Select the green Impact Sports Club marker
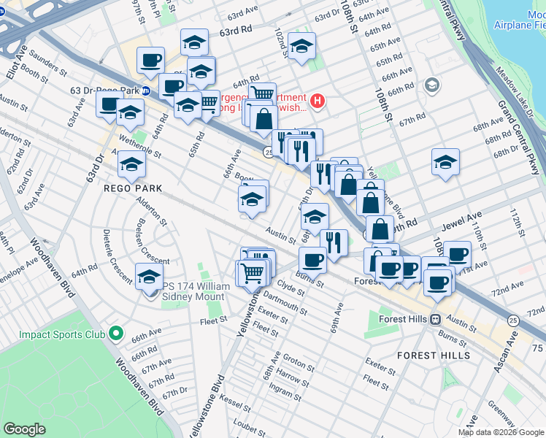(x=115, y=334)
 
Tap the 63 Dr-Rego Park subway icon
(x=145, y=91)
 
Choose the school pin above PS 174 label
(x=149, y=277)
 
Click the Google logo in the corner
(x=24, y=429)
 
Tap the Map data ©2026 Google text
(x=501, y=432)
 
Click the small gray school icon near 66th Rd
(x=431, y=86)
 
